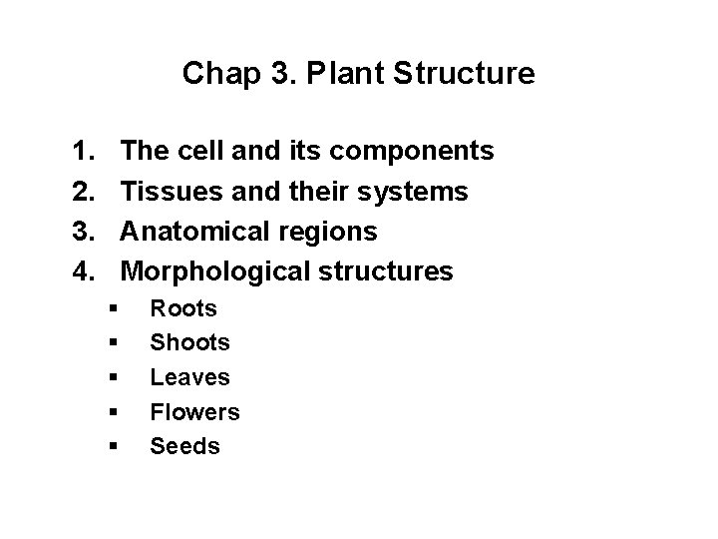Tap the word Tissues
[167, 192]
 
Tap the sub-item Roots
[183, 309]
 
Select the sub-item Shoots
[189, 343]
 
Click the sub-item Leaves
[189, 377]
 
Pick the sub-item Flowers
[194, 411]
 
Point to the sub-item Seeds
[184, 445]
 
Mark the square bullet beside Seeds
[117, 446]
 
